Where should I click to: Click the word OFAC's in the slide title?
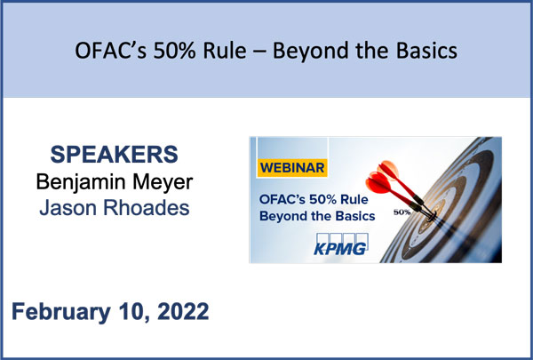point(110,51)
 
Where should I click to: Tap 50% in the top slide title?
point(174,51)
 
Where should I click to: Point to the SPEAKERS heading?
point(115,154)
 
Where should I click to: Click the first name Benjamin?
point(81,182)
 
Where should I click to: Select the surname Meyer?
point(163,182)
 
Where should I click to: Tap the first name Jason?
point(68,208)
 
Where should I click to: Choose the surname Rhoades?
point(147,208)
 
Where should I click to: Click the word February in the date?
point(61,312)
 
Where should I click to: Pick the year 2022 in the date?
point(183,311)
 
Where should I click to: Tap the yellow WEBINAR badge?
point(292,168)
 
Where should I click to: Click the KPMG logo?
point(341,244)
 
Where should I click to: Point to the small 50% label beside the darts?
point(402,212)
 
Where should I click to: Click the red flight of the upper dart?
point(388,169)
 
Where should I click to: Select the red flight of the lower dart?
point(378,183)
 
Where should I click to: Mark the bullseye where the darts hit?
point(432,215)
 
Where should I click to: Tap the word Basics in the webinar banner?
point(355,216)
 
